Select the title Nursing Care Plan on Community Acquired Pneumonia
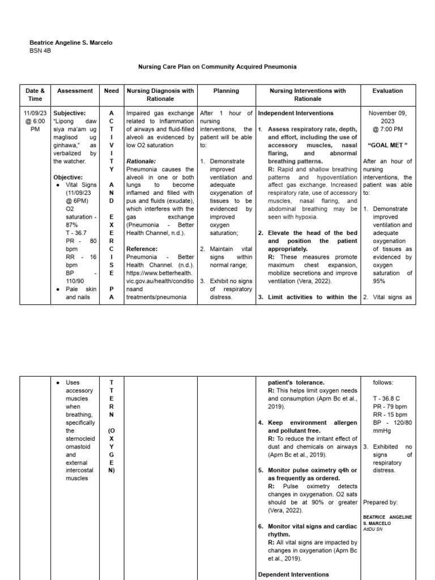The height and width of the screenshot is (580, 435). coord(217,67)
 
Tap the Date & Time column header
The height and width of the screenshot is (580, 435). coord(35,94)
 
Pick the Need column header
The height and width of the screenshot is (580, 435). coord(112,91)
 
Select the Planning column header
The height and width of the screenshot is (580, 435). coord(226,91)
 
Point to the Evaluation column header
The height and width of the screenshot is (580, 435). coord(387,91)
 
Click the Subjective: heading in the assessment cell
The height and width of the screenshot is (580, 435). coord(70,113)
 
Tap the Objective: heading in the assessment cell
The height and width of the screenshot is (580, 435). coord(69,177)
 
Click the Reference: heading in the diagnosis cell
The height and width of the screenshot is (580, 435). coord(142,249)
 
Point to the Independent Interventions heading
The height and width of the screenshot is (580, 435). coord(295,113)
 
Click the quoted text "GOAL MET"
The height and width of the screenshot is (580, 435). coord(388,145)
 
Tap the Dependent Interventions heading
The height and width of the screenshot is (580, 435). coord(293,574)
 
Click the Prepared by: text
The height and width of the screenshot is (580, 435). coord(380,502)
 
